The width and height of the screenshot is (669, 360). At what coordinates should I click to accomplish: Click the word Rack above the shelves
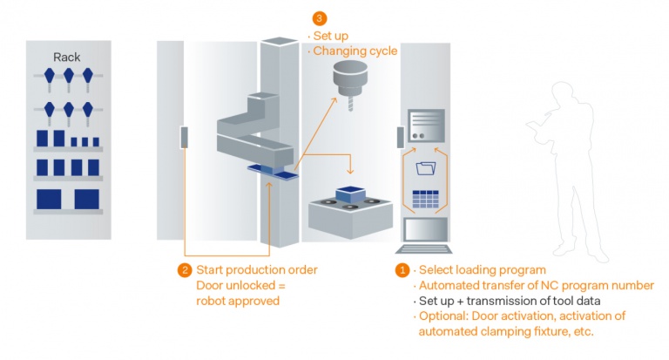click(67, 58)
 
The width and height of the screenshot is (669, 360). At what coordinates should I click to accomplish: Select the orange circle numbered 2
click(184, 270)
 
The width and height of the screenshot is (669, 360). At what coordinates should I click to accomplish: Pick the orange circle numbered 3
click(321, 17)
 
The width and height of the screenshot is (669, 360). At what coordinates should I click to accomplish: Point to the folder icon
click(427, 166)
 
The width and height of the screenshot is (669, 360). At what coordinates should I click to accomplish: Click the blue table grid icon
click(426, 197)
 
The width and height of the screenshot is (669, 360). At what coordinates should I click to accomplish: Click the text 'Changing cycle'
click(355, 51)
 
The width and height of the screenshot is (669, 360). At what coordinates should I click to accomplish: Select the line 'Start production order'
click(257, 270)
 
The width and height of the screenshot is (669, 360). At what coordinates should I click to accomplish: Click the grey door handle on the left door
click(184, 137)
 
